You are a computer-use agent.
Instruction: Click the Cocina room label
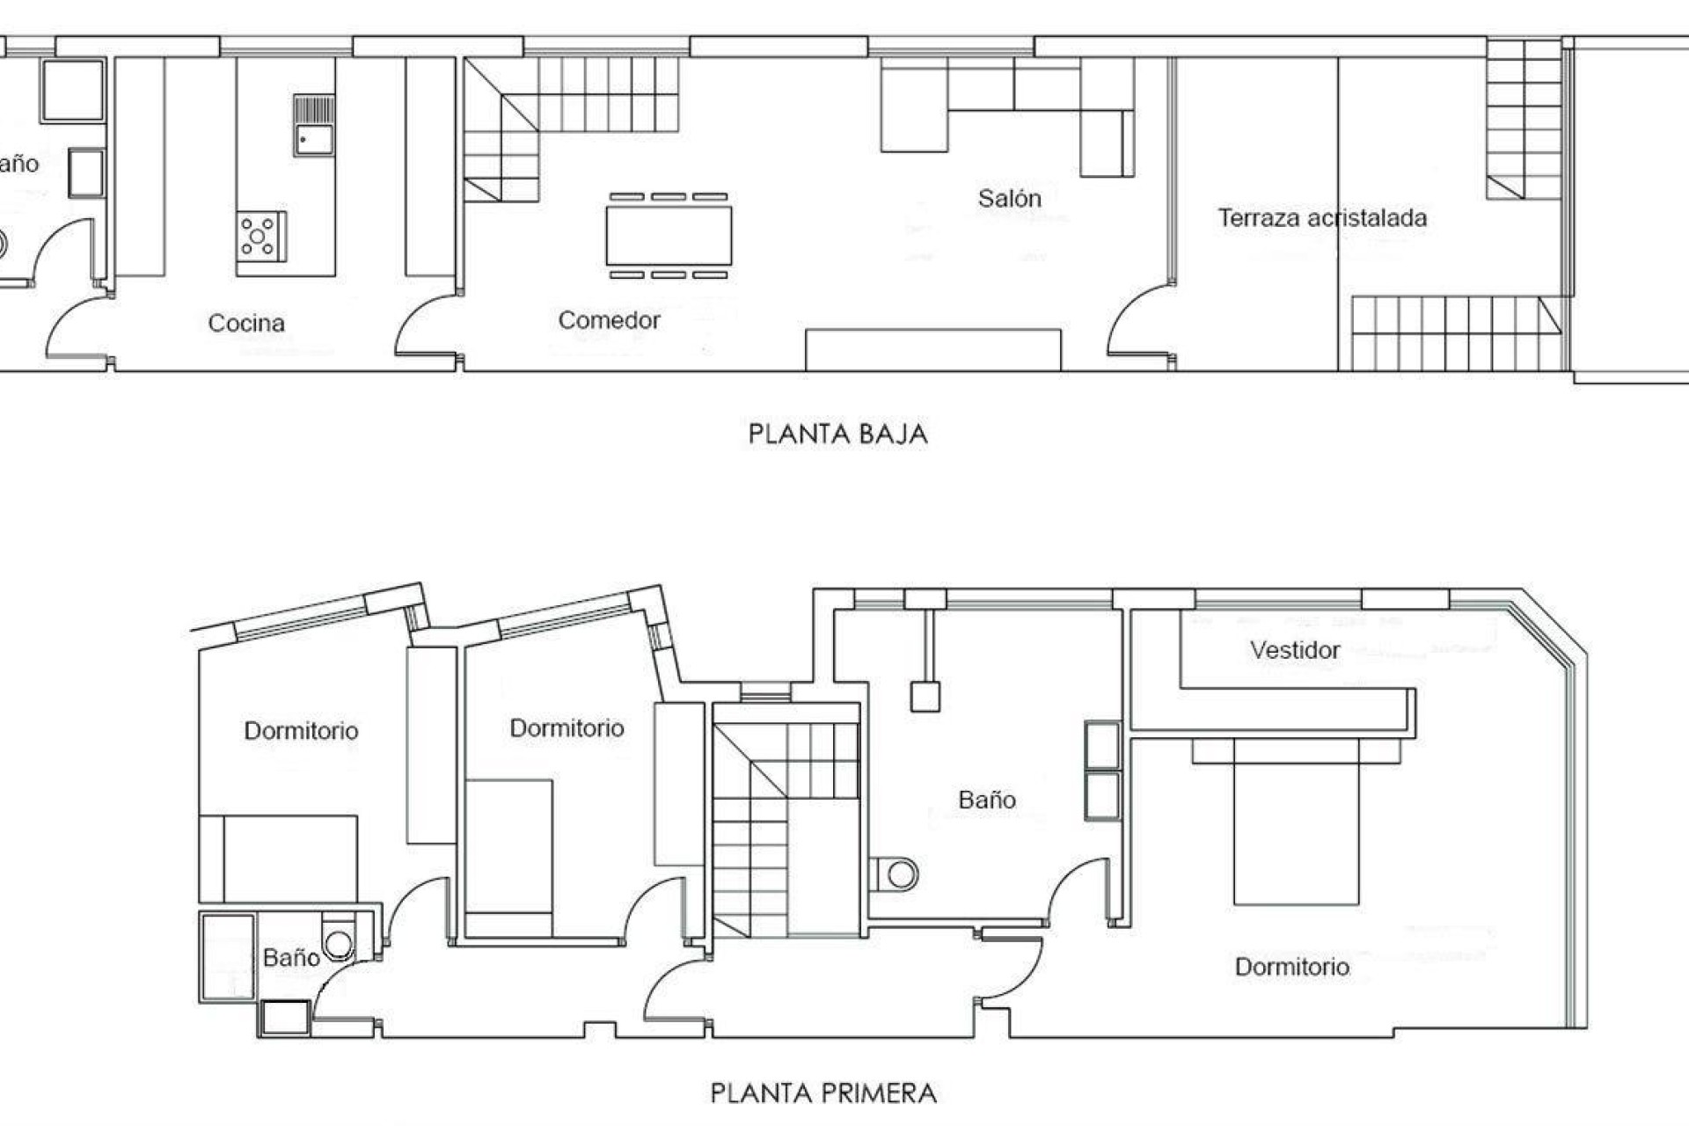click(x=246, y=323)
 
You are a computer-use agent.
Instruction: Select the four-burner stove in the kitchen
click(x=260, y=236)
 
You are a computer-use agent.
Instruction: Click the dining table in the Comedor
click(x=669, y=236)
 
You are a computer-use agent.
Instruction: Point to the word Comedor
click(x=609, y=320)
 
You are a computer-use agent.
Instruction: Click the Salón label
click(x=1009, y=199)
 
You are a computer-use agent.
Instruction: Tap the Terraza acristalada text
click(x=1321, y=218)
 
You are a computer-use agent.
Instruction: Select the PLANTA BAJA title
click(x=837, y=434)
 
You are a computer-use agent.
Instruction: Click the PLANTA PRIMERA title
click(x=823, y=1093)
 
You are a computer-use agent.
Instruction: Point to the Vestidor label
click(x=1295, y=650)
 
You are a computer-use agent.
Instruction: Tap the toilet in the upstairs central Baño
click(x=897, y=874)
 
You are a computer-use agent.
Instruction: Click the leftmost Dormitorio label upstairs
click(x=301, y=731)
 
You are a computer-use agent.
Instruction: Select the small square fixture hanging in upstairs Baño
click(x=925, y=697)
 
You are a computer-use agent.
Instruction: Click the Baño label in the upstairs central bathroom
click(x=987, y=800)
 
